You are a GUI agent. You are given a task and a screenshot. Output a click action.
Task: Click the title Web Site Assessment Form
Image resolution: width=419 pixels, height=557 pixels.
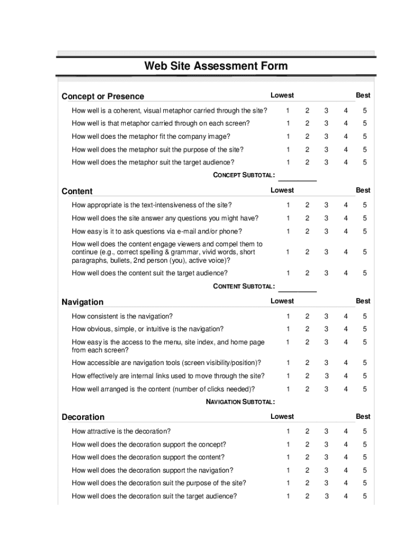[215, 66]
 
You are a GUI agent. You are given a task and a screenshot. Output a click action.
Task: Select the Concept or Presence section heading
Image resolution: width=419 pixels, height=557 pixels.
[103, 97]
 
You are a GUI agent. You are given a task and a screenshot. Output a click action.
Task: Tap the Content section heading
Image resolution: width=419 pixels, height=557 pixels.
[77, 191]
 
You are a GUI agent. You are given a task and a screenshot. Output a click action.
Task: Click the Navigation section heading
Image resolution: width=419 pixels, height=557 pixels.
[82, 302]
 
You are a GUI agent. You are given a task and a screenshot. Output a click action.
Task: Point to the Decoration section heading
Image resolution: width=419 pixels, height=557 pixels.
[83, 417]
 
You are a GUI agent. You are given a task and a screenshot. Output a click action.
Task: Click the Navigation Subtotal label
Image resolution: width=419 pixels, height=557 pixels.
[240, 402]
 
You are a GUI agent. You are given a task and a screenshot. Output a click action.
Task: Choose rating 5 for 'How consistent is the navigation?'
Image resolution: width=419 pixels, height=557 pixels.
[365, 316]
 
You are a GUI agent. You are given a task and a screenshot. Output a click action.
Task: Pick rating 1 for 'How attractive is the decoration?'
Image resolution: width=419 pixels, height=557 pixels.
[288, 431]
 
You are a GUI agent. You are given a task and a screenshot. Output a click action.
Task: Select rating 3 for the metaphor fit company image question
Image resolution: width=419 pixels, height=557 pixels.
[326, 137]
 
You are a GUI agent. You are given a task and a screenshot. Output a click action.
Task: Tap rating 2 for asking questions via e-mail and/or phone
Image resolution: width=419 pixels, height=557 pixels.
[307, 231]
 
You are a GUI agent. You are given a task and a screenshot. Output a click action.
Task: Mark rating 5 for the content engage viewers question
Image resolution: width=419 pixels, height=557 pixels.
[365, 252]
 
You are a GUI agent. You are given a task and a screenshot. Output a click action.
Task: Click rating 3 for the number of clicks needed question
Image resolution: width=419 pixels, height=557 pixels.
[326, 389]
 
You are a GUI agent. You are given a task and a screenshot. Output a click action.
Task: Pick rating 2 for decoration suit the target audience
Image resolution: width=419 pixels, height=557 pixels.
[307, 496]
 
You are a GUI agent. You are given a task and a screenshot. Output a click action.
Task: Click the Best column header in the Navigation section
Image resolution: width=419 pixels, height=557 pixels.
[363, 301]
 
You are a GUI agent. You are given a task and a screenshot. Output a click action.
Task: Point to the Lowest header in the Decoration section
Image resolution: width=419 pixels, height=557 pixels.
[282, 417]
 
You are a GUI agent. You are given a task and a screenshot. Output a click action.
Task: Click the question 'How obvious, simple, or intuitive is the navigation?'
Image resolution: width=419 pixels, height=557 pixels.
[147, 329]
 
